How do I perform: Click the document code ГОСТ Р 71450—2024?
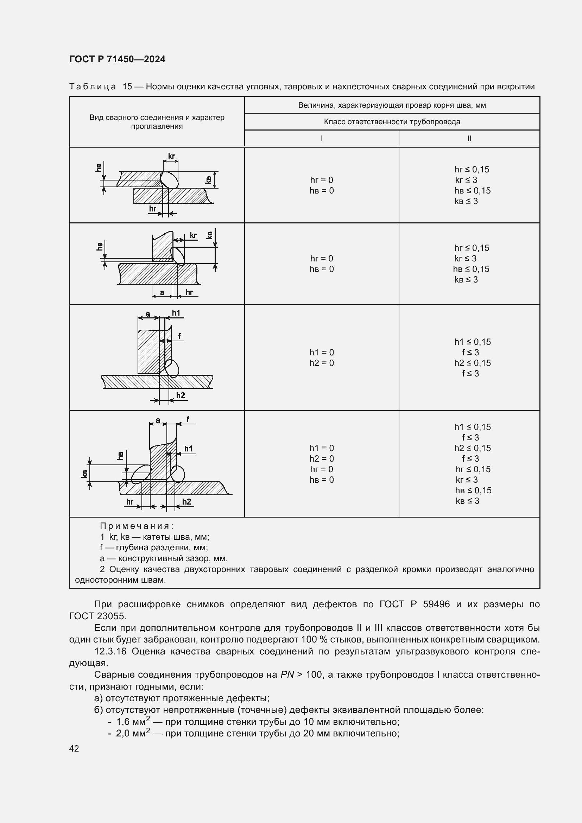(x=117, y=59)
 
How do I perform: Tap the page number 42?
(x=74, y=748)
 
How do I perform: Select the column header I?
(x=322, y=138)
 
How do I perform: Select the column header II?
(x=469, y=138)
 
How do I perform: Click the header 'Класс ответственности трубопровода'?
(x=392, y=122)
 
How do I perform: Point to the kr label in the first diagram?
(x=171, y=156)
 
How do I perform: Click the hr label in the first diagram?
(x=153, y=209)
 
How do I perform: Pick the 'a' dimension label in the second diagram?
(x=162, y=292)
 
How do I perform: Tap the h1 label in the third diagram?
(x=176, y=313)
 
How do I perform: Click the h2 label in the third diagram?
(x=181, y=395)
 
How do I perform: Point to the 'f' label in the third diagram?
(x=179, y=336)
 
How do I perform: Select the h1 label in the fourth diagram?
(x=188, y=449)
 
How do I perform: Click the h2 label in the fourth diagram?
(x=186, y=501)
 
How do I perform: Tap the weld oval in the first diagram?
(x=169, y=180)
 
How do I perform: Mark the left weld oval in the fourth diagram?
(x=141, y=474)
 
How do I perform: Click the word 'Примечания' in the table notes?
(x=137, y=526)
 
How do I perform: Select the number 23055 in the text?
(x=112, y=616)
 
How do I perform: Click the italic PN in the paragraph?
(x=287, y=675)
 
